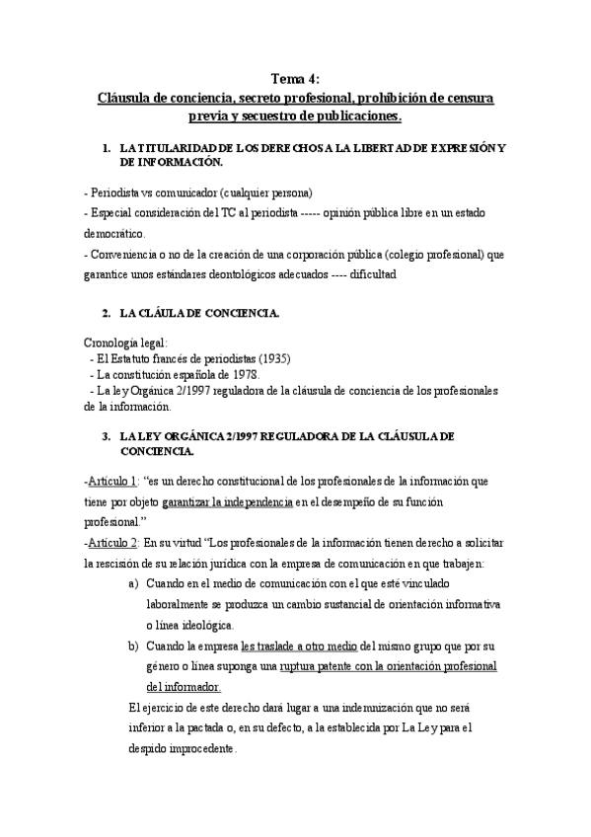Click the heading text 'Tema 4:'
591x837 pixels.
pos(295,81)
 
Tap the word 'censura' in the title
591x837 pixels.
pos(469,99)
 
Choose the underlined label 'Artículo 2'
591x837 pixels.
pos(111,541)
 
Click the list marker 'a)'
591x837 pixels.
pos(133,583)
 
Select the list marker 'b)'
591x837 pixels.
pos(133,646)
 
